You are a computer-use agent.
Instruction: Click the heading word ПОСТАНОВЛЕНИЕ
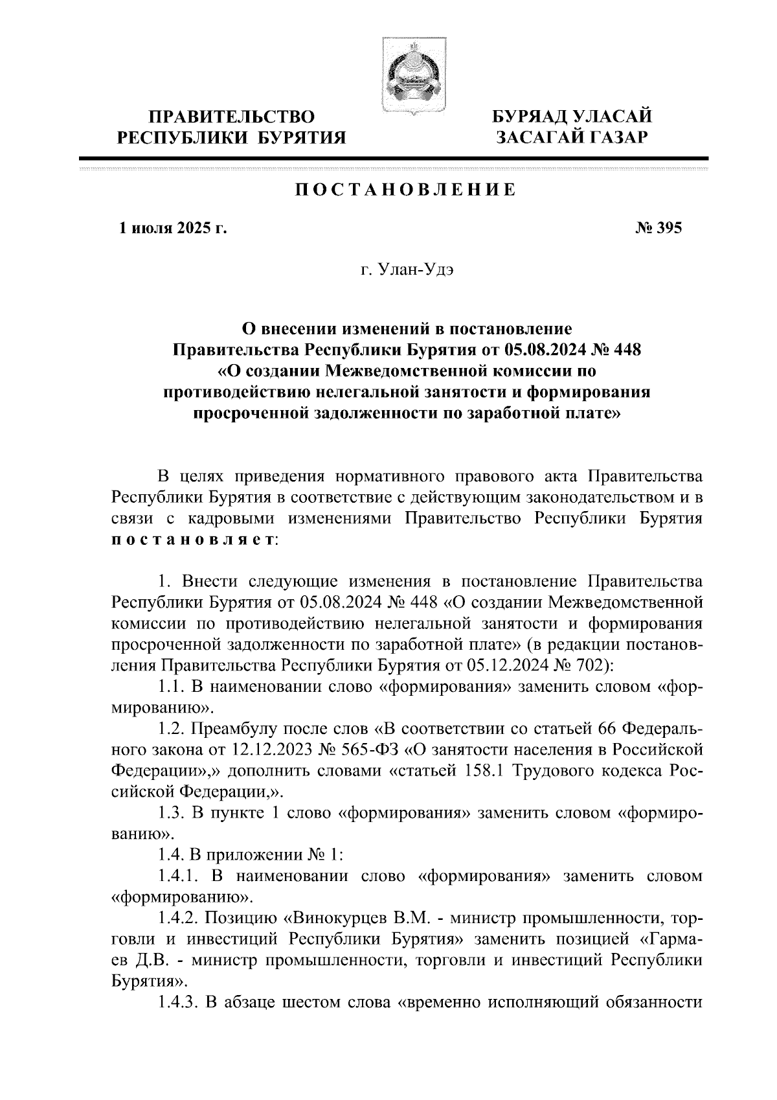pyautogui.click(x=406, y=190)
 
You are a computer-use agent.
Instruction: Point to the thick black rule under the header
pyautogui.click(x=394, y=159)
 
